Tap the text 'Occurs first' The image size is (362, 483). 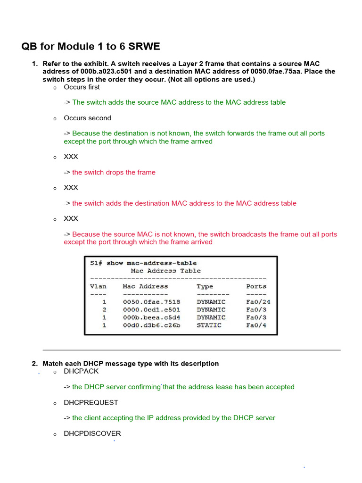point(82,87)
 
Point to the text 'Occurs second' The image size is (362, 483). point(87,118)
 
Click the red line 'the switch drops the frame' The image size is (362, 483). point(114,172)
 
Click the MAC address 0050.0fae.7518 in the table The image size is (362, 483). point(151,302)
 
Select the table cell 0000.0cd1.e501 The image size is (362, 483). point(151,310)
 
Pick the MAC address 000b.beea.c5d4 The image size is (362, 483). point(151,317)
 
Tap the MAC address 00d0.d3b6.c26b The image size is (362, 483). point(151,325)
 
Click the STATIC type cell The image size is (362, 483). point(209,325)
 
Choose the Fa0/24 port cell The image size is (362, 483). point(258,302)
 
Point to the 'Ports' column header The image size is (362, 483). point(256,286)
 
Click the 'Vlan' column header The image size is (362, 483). point(98,286)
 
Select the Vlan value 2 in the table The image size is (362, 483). point(104,310)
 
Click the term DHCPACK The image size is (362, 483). point(81,371)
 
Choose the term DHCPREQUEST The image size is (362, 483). point(91,402)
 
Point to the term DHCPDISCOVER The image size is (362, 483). point(92,433)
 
